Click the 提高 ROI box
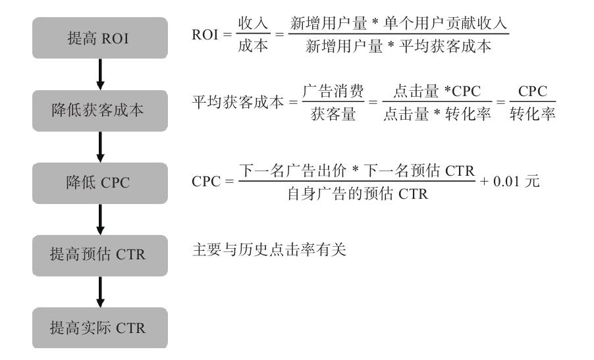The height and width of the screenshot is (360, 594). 100,38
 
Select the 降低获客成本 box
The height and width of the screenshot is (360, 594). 100,111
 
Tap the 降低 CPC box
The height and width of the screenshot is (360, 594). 100,183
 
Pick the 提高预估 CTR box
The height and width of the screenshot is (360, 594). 100,255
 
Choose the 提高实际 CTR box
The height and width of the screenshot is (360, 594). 100,328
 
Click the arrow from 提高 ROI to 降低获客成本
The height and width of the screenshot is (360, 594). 100,74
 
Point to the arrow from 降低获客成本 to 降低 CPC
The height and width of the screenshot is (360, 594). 100,147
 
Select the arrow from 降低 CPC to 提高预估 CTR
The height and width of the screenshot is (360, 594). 100,220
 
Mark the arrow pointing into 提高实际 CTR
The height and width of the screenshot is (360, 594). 100,292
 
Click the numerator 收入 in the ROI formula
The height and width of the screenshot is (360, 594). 253,24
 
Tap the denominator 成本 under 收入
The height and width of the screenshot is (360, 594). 253,46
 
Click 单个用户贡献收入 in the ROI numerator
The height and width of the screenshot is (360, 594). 445,23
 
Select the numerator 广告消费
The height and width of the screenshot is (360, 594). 333,91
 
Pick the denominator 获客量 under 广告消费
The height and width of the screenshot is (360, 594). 333,114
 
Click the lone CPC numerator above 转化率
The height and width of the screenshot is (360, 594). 533,91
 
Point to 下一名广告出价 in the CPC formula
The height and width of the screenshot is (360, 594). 293,170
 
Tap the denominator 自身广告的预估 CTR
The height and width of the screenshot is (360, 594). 358,193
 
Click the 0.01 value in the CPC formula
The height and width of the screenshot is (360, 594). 506,182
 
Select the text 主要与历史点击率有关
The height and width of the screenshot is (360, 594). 269,250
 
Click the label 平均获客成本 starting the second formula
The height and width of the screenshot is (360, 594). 238,102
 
